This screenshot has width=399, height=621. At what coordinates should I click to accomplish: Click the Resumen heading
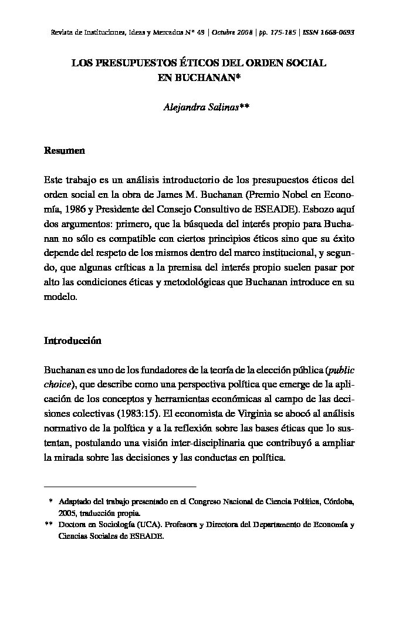[65, 151]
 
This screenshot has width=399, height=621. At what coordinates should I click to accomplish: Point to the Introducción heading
[73, 341]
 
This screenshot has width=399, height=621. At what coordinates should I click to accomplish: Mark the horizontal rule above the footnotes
[120, 487]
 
